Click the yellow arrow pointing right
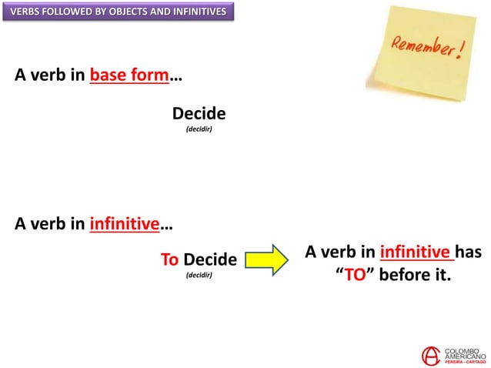pos(268,259)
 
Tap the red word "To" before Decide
pos(169,259)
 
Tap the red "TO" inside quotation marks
pos(353,276)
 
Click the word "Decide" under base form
pos(199,114)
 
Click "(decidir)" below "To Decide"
pos(199,274)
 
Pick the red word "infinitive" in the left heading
pos(124,225)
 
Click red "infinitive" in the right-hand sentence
pos(415,252)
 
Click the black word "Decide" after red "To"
pos(209,259)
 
